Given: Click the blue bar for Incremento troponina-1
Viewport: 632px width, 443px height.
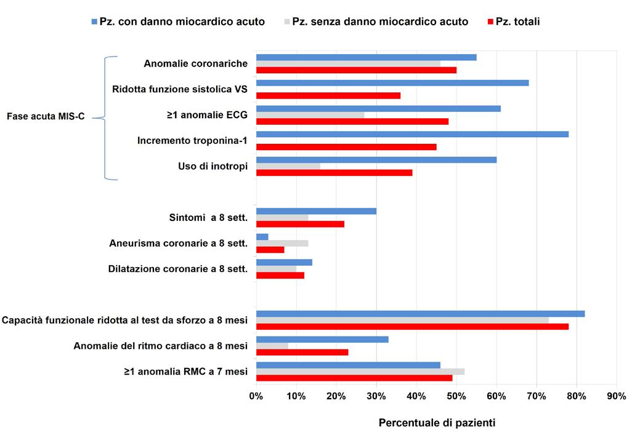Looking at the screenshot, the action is tap(412, 134).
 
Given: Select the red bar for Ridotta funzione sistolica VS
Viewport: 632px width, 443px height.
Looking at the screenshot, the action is tap(328, 95).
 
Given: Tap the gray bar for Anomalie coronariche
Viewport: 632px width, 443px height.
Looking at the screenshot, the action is tap(348, 63).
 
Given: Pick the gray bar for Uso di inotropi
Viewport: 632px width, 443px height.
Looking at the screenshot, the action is tap(288, 166).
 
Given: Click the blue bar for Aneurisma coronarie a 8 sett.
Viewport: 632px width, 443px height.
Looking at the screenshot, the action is tap(262, 237).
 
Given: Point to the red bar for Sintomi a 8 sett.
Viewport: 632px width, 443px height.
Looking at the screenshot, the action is tap(300, 224).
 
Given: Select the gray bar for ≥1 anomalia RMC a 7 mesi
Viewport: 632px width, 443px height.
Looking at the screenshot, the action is tap(360, 372).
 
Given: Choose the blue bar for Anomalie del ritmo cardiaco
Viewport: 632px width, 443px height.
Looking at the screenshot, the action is tap(322, 340).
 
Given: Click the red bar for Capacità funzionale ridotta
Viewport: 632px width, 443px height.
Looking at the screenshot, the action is tap(412, 327).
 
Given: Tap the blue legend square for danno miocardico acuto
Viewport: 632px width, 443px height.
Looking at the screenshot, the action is tap(94, 22).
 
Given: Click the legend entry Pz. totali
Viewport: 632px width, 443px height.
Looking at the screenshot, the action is tap(514, 22).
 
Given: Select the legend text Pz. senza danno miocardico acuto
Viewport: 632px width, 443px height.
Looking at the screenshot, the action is tap(380, 22).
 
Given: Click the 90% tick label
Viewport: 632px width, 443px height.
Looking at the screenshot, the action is tap(617, 396).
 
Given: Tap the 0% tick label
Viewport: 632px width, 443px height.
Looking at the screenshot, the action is tap(256, 396).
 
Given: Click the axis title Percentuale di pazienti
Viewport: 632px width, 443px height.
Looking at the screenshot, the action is tap(437, 423).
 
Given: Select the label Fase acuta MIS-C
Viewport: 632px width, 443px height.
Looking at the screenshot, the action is tap(46, 116).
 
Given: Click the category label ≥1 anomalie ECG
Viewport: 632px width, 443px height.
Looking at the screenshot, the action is tap(207, 115).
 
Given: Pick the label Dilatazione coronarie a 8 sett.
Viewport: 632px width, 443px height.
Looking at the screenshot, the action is tap(178, 269).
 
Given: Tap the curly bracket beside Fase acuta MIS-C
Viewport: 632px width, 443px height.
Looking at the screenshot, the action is tap(105, 118).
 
